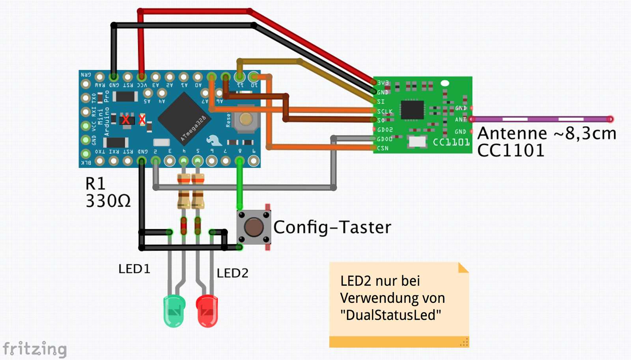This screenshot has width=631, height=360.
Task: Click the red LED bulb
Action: point(207,310)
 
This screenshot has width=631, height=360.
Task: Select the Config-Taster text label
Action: point(332,227)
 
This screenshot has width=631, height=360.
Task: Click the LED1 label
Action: point(134,269)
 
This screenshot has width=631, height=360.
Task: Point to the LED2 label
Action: point(232,273)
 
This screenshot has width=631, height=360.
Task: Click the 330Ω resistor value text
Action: point(108,201)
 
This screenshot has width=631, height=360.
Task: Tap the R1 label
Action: point(95,184)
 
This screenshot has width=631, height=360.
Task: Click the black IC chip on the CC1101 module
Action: point(412,110)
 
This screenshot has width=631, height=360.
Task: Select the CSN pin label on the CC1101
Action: point(383,148)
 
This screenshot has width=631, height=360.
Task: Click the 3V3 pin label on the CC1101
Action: point(383,83)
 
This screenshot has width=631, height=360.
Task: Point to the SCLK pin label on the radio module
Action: point(385,112)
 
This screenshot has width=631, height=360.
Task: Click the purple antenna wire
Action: point(540,119)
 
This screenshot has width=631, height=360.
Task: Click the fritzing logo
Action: point(35,349)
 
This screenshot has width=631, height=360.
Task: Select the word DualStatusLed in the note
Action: point(390,315)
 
